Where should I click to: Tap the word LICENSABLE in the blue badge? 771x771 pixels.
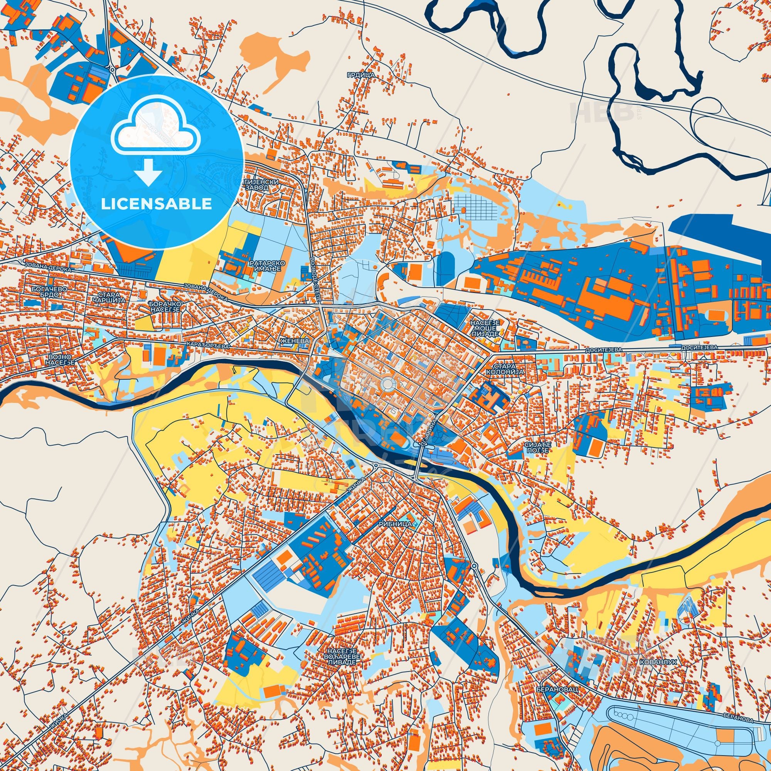click(x=156, y=204)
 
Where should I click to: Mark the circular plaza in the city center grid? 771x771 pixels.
click(x=387, y=385)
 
